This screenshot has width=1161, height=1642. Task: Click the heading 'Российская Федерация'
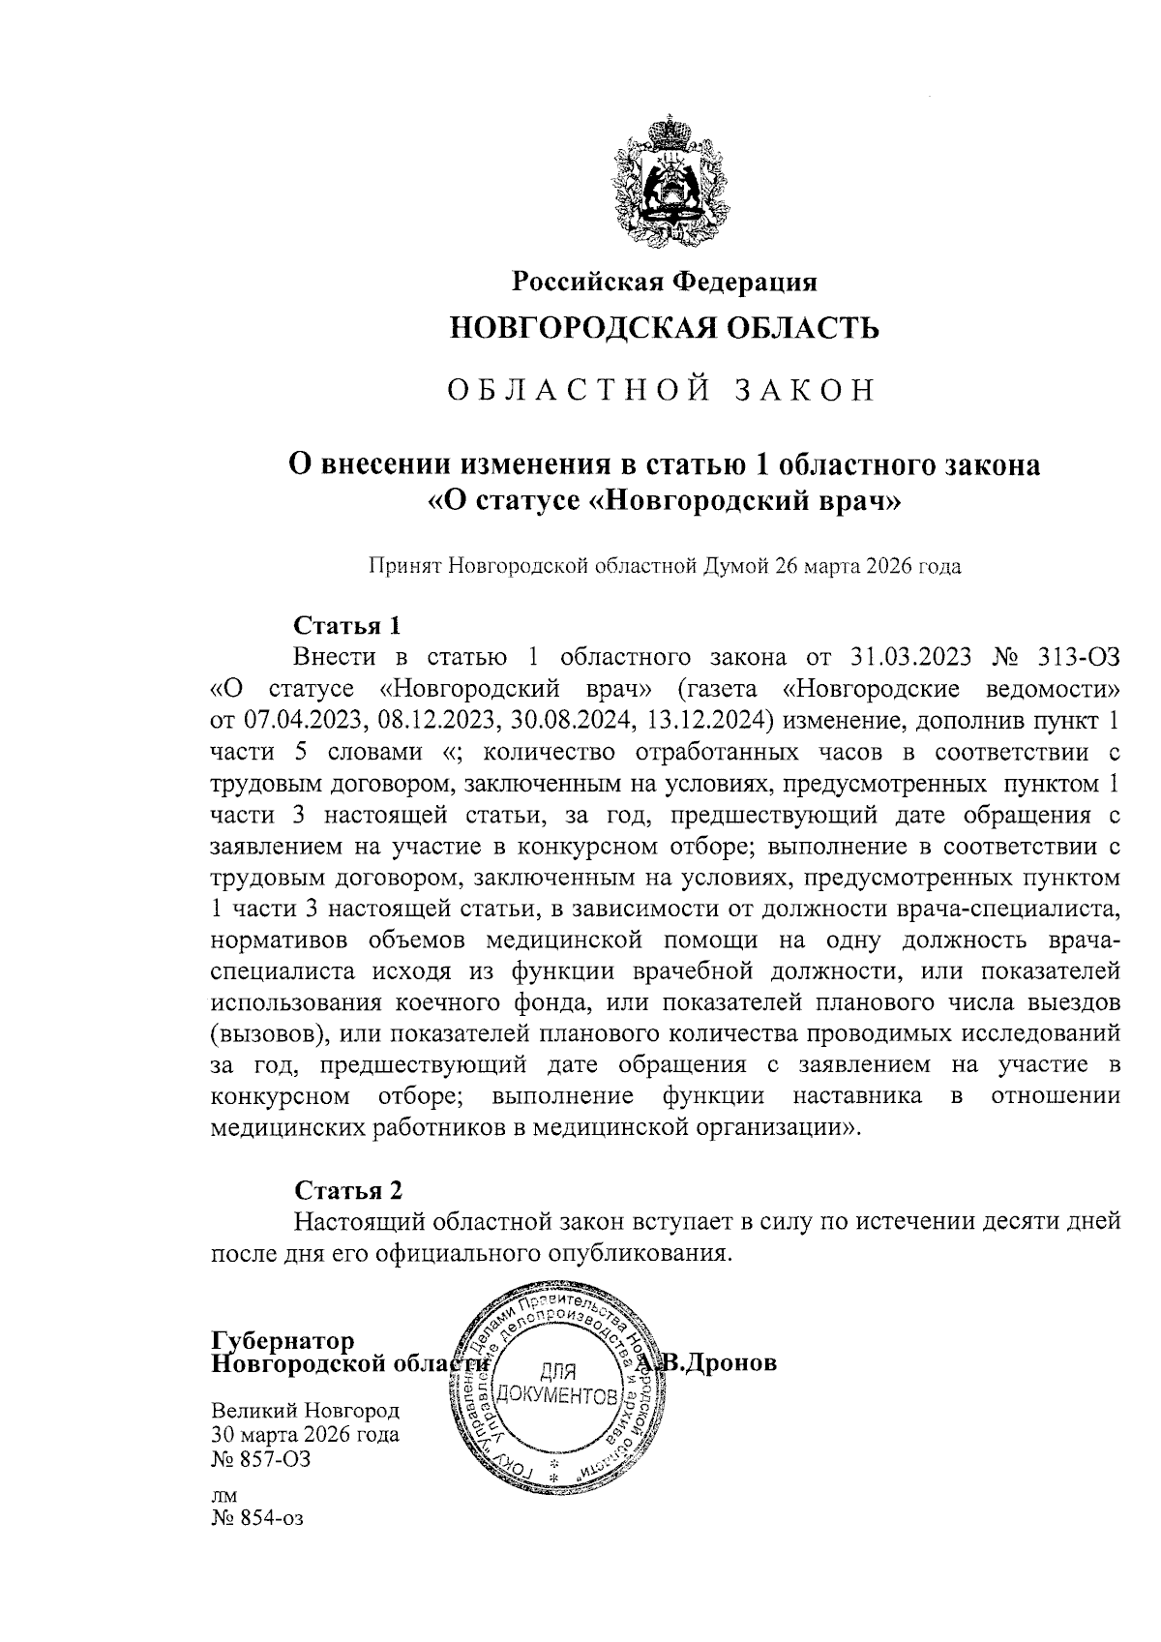click(x=665, y=282)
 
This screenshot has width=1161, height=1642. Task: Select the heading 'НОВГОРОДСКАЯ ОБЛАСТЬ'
click(x=665, y=329)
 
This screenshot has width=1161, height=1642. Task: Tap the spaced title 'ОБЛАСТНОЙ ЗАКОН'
click(x=665, y=390)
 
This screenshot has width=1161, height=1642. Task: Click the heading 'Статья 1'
click(x=346, y=623)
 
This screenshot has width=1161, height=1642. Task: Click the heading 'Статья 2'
click(x=347, y=1189)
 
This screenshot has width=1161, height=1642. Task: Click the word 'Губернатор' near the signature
click(x=283, y=1341)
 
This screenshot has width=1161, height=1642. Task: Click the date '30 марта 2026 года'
click(x=305, y=1435)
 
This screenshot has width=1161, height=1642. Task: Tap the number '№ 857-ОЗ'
click(x=261, y=1459)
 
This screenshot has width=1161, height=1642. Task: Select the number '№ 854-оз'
click(x=257, y=1518)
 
